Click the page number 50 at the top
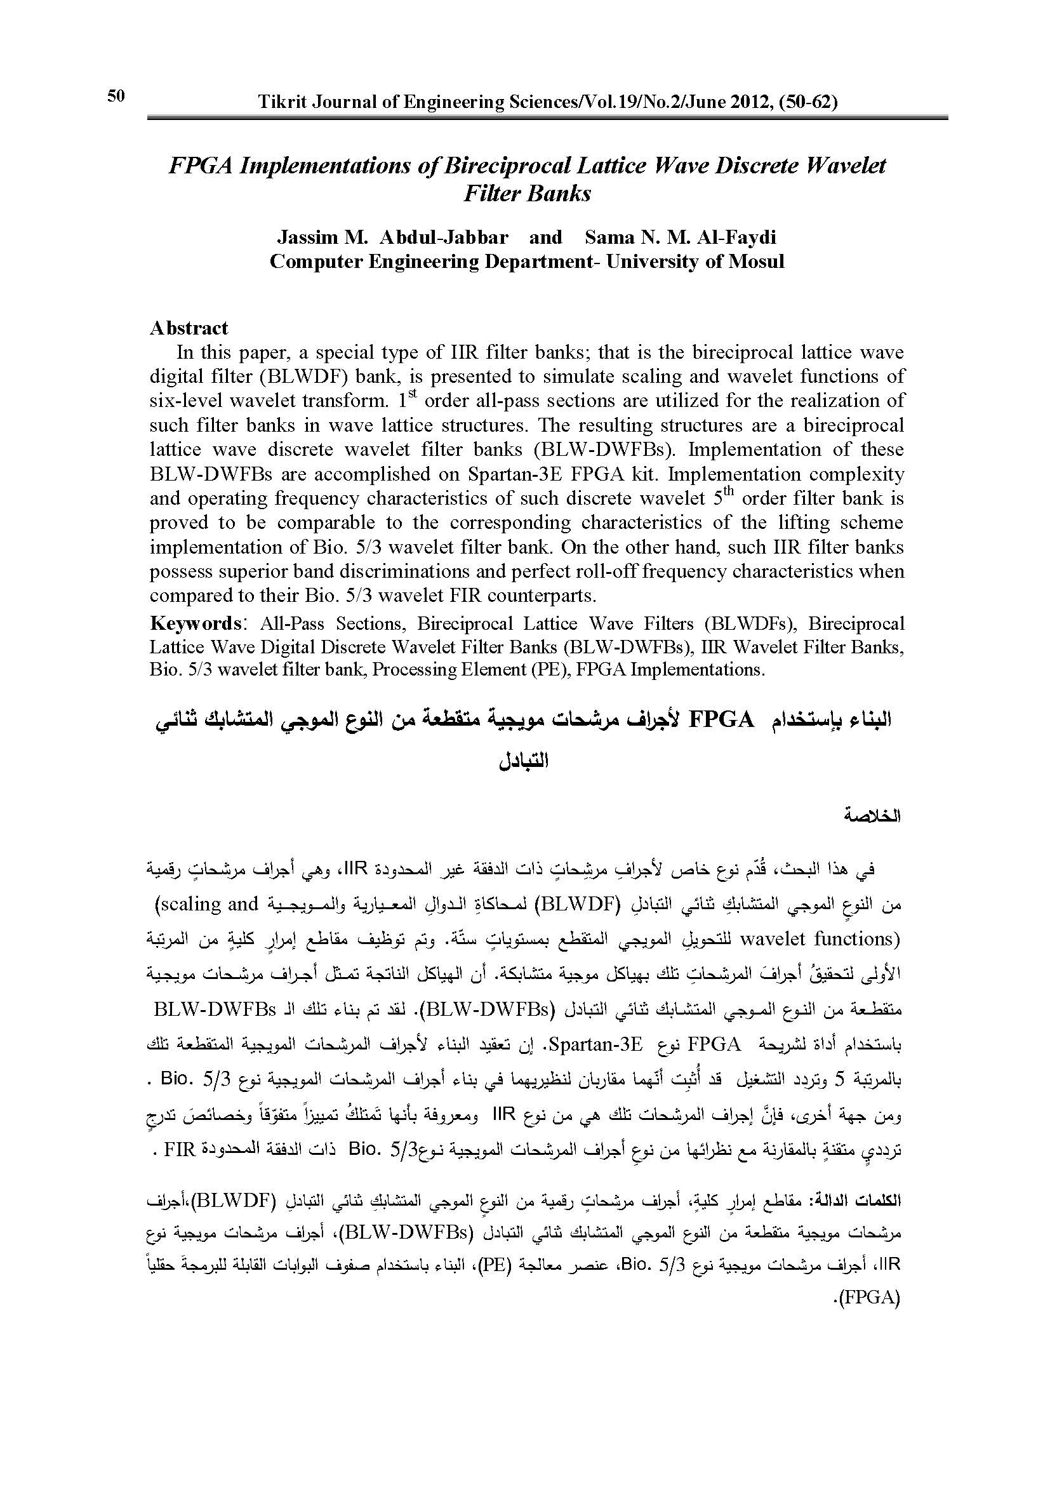pos(116,97)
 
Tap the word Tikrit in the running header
pos(279,102)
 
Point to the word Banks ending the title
pos(561,194)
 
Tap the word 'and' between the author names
pos(546,237)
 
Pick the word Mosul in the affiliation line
pos(757,262)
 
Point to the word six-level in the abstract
pos(187,401)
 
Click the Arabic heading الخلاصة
pos(872,816)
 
